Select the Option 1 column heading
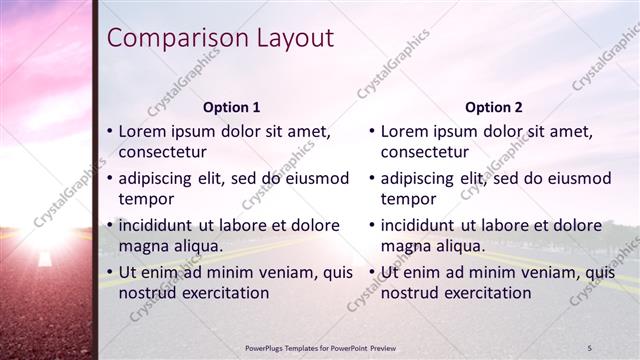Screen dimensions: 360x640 (231, 107)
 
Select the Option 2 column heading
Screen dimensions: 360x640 (493, 107)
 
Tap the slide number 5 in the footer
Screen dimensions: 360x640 (589, 347)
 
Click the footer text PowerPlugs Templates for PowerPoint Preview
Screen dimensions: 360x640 (326, 347)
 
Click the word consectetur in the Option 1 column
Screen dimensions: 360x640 (162, 153)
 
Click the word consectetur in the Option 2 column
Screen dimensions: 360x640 (424, 153)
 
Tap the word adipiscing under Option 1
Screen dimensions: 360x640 (159, 178)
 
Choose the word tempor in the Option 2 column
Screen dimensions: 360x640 (409, 199)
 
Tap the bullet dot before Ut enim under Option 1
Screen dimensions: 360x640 (110, 272)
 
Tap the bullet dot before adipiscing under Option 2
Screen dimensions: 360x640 (372, 178)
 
